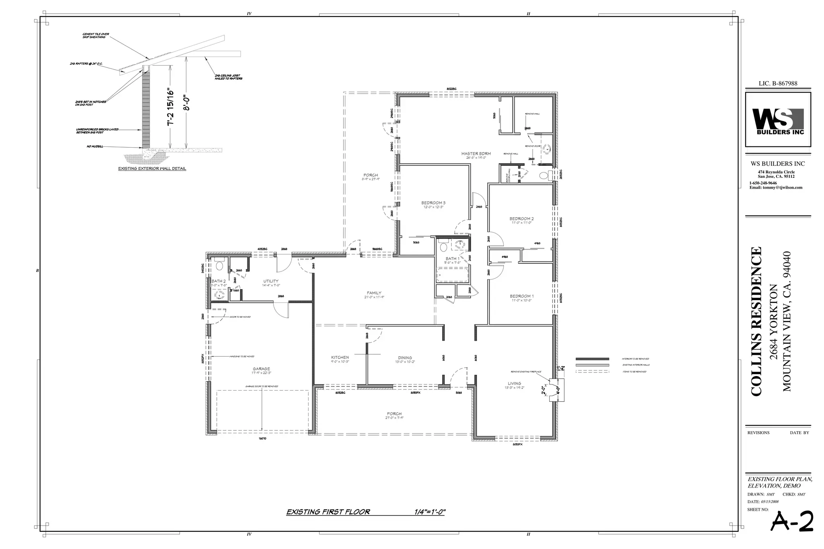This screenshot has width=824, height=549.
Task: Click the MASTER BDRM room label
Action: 476,154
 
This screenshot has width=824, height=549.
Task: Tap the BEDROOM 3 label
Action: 433,203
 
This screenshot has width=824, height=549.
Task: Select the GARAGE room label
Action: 261,369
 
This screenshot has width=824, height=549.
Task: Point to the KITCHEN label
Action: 340,357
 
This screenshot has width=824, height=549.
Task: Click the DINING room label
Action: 405,358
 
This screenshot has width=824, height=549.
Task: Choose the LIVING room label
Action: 514,383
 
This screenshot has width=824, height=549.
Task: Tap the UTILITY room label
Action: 271,281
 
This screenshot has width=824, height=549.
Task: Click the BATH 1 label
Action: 452,259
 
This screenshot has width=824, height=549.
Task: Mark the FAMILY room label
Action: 374,293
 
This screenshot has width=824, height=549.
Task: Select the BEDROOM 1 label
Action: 521,296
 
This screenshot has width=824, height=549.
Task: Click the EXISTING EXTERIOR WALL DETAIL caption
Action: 152,169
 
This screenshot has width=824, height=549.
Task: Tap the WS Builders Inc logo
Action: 778,120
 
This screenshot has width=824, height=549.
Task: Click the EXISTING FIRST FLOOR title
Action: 328,512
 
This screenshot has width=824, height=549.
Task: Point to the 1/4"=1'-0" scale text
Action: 430,512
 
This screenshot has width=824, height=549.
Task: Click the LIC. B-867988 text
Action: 778,84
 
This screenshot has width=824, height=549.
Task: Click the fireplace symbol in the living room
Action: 557,390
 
